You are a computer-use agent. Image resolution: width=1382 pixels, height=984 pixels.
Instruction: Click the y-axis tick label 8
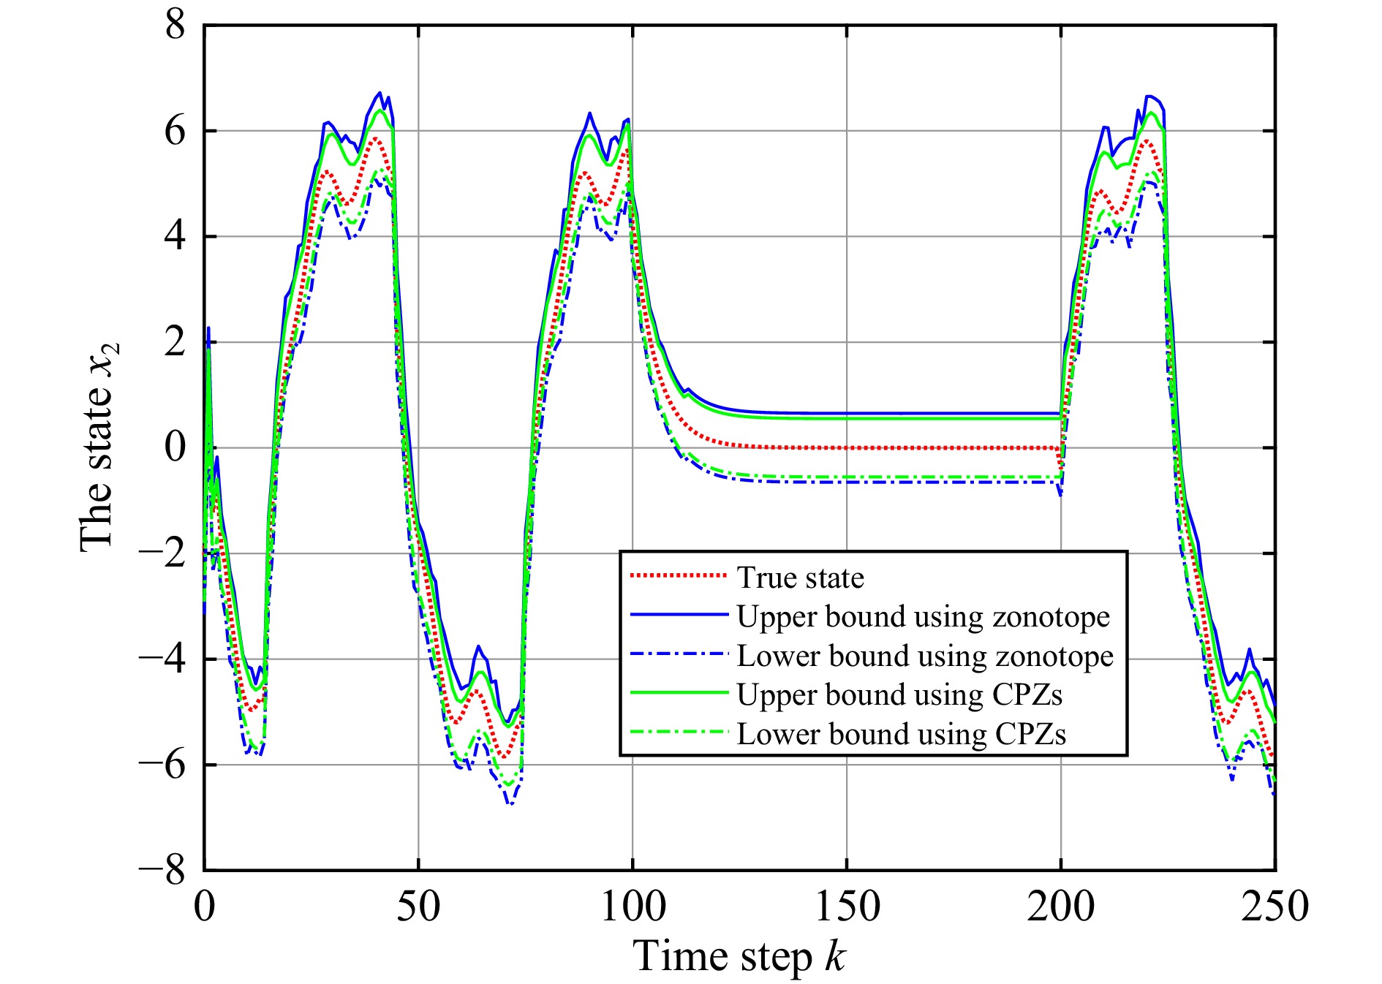tap(175, 26)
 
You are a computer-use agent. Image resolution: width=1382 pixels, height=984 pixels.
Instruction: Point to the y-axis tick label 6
tap(175, 132)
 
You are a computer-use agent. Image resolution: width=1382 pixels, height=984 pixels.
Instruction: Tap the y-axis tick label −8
tap(162, 871)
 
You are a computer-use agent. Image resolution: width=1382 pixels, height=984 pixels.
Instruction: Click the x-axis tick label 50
tap(418, 907)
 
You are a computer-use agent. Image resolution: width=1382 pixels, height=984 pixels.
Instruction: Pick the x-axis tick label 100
tap(633, 907)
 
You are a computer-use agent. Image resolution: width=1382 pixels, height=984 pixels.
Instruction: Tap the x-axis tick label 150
tap(847, 907)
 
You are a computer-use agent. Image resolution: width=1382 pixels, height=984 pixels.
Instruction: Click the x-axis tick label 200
tap(1060, 907)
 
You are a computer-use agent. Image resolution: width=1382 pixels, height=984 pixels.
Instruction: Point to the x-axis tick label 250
tap(1275, 907)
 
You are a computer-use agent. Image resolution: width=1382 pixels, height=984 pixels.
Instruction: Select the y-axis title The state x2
tap(98, 447)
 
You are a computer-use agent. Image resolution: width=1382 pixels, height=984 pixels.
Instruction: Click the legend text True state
tap(800, 578)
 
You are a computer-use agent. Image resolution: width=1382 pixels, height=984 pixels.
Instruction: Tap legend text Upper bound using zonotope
tap(923, 617)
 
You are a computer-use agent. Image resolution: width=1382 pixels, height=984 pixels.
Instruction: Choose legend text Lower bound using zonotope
tap(925, 656)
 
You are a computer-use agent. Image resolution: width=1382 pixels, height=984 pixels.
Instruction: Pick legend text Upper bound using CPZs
tap(899, 695)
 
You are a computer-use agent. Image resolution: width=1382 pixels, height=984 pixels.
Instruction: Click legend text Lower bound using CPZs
tap(901, 734)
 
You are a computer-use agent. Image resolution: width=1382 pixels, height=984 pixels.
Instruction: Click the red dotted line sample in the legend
tap(679, 577)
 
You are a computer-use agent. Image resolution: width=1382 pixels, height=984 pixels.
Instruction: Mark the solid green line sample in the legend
tap(679, 693)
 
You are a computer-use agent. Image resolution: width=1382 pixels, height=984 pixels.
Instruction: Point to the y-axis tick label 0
tap(175, 448)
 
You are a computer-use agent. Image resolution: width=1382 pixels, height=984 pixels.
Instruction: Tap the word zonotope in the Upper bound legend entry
tap(1051, 617)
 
